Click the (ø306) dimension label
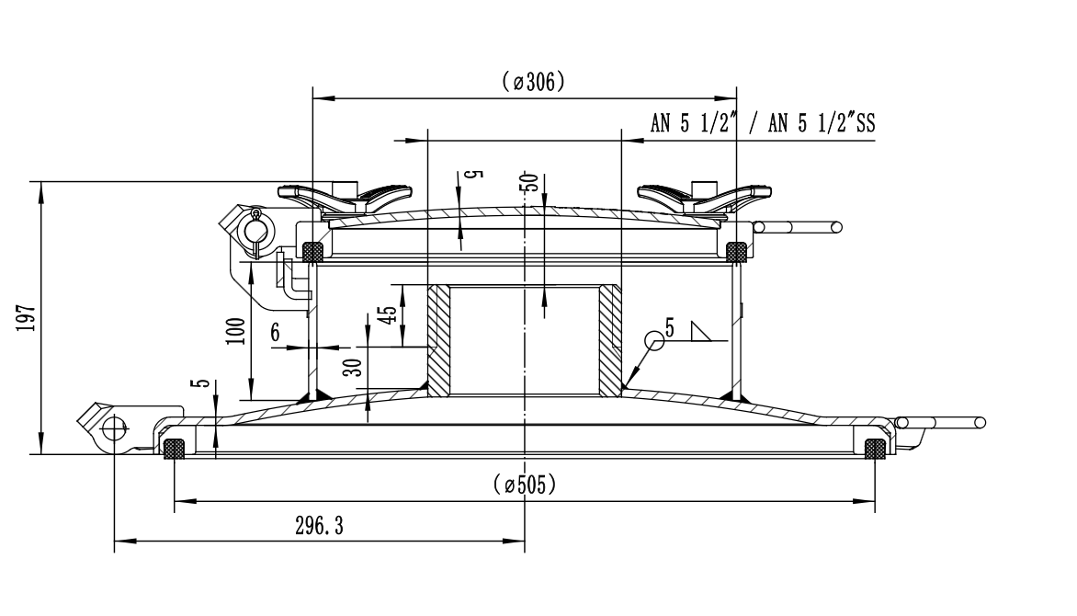click(x=533, y=82)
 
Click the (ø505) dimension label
click(x=524, y=485)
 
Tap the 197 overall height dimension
click(x=27, y=317)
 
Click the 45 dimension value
click(x=389, y=315)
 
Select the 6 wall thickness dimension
click(x=275, y=335)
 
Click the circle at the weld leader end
click(x=654, y=340)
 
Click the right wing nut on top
click(x=705, y=197)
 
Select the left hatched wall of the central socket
click(x=439, y=340)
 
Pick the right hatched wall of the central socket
click(x=610, y=340)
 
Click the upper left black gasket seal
click(x=313, y=249)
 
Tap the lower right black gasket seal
click(x=876, y=449)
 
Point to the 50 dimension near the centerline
click(x=528, y=181)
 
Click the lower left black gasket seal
click(x=174, y=449)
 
